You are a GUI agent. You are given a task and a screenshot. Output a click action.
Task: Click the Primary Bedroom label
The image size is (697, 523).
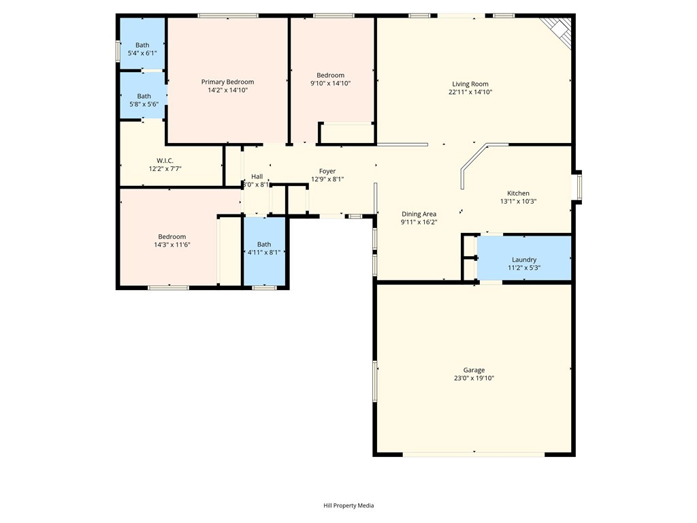pos(227,82)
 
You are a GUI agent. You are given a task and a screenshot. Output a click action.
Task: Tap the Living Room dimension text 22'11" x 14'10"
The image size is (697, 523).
pos(470,92)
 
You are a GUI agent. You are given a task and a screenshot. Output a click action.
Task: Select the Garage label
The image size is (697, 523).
pos(474,370)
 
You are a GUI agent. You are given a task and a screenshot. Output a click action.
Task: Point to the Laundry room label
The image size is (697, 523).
pos(524,259)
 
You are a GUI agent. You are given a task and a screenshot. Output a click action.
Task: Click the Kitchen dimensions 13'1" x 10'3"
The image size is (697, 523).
pos(518,201)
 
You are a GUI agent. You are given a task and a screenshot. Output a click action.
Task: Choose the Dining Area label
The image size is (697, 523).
pos(419,214)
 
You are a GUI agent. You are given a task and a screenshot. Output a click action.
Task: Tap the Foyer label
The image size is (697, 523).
pos(327,171)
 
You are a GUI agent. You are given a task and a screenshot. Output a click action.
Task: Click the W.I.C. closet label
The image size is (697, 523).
pos(165,161)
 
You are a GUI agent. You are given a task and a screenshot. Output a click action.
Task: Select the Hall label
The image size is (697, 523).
pos(257,176)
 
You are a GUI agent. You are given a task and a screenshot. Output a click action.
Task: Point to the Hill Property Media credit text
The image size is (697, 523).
pos(348,505)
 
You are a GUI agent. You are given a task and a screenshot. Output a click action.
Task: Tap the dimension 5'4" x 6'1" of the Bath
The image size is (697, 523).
pos(142,53)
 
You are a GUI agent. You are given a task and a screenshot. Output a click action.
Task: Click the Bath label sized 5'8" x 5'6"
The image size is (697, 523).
pos(144,96)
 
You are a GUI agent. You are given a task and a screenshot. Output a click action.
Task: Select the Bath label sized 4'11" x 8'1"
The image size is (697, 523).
pos(264,244)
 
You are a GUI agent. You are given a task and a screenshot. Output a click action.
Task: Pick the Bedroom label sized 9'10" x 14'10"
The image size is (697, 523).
pos(330,75)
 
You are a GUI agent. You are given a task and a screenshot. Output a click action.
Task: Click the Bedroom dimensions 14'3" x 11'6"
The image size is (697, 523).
pos(172,244)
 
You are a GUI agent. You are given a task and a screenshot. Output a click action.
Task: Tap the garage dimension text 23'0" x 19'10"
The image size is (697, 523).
pos(474,379)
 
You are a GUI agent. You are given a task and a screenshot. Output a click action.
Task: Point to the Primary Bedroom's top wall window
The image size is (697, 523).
pos(228,16)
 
